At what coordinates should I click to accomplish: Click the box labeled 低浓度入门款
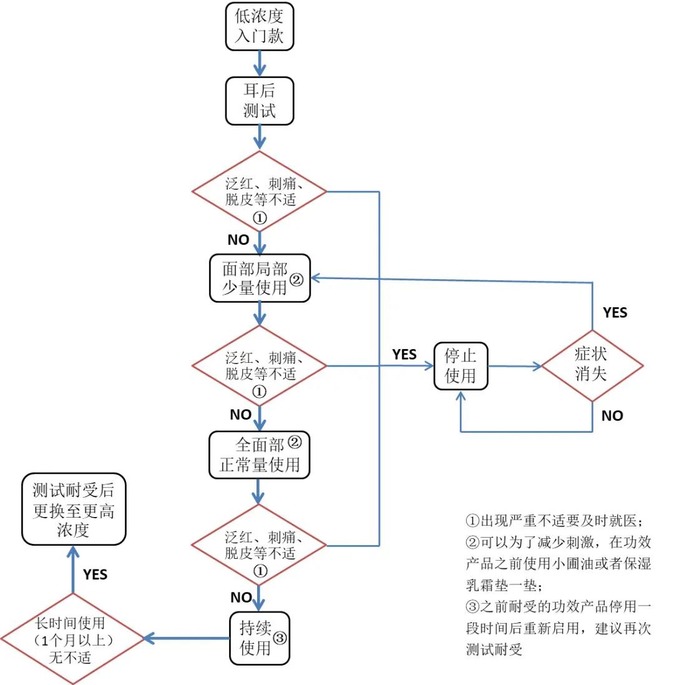tap(259, 27)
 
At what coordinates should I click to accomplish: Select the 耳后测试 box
tap(259, 101)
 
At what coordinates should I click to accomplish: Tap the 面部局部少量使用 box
tap(259, 278)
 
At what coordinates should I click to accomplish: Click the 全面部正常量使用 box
tap(259, 454)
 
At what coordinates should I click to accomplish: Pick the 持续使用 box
tap(259, 637)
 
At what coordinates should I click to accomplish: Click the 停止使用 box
tap(461, 366)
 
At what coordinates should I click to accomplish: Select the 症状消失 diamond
tap(591, 366)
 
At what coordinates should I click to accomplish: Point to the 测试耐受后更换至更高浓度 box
tap(74, 509)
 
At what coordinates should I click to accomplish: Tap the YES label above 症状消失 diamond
tap(615, 312)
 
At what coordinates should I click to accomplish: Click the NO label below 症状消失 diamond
tap(612, 415)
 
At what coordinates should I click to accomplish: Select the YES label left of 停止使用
tap(404, 354)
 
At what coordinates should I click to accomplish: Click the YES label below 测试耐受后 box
tap(95, 574)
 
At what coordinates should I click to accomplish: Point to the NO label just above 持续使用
tap(241, 598)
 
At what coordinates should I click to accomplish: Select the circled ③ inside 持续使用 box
tap(280, 638)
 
